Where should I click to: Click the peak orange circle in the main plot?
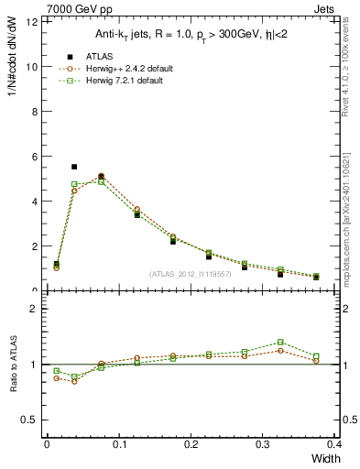coord(101,176)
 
